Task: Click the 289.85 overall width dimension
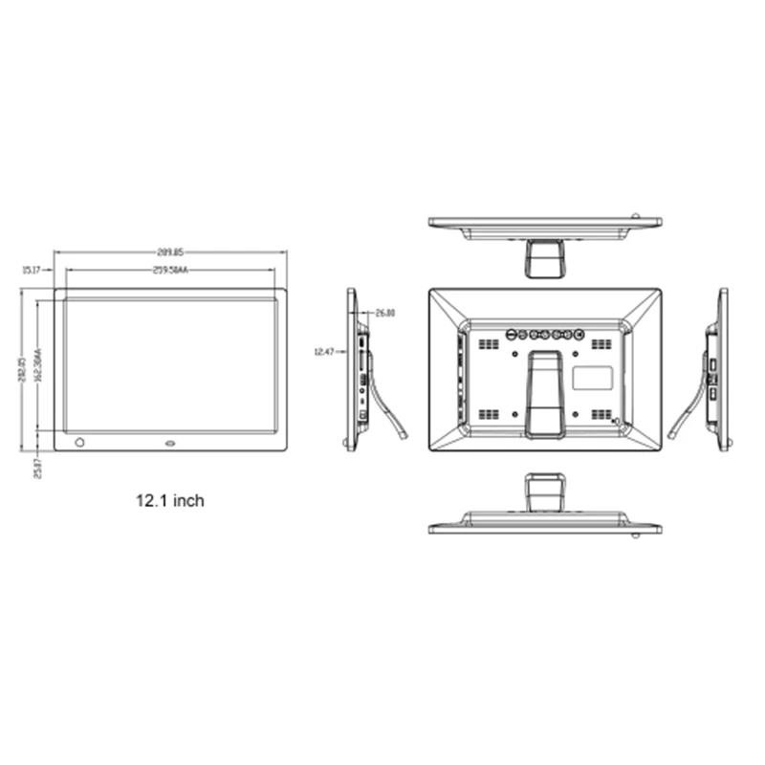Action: pyautogui.click(x=171, y=252)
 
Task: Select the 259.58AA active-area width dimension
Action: pyautogui.click(x=171, y=271)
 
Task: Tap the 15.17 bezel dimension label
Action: pyautogui.click(x=31, y=271)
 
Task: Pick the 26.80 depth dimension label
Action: pyautogui.click(x=385, y=313)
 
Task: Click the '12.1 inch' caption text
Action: pyautogui.click(x=169, y=500)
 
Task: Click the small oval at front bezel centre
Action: pyautogui.click(x=170, y=443)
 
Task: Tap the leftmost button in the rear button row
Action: pyautogui.click(x=512, y=335)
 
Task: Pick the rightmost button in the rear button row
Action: pyautogui.click(x=578, y=335)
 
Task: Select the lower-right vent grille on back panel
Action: pyautogui.click(x=601, y=414)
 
